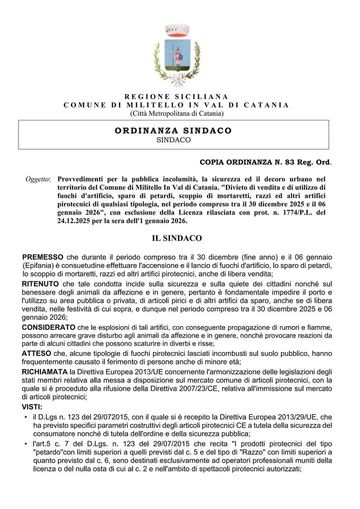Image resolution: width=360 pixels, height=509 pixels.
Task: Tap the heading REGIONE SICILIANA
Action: [x=176, y=96]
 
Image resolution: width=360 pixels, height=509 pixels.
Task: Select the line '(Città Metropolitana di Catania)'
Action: [x=176, y=113]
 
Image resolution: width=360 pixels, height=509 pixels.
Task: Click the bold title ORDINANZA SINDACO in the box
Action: [x=173, y=130]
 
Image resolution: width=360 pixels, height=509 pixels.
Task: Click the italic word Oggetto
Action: [x=37, y=179]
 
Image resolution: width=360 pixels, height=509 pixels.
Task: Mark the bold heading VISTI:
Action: [x=32, y=406]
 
